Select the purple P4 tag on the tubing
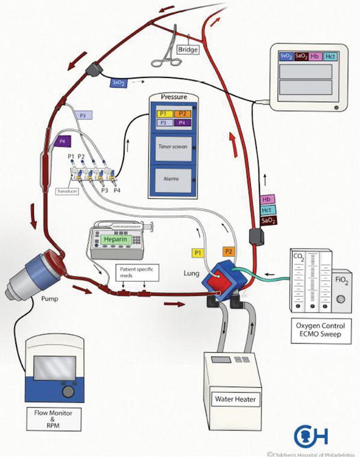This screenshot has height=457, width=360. point(64,141)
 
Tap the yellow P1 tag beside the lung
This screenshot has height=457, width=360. point(200,253)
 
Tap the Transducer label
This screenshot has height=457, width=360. point(69,193)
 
